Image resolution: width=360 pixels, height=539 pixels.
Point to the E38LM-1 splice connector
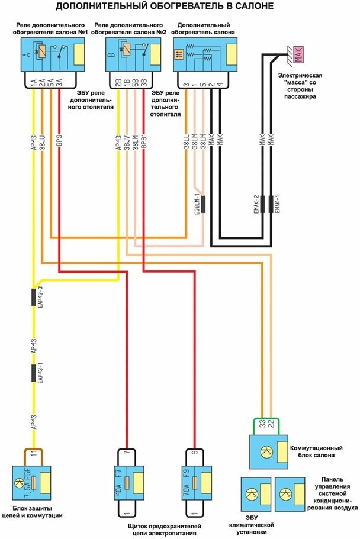pyautogui.click(x=202, y=204)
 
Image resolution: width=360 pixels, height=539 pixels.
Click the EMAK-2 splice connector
pyautogui.click(x=262, y=204)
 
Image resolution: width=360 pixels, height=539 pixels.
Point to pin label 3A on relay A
pyautogui.click(x=60, y=84)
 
